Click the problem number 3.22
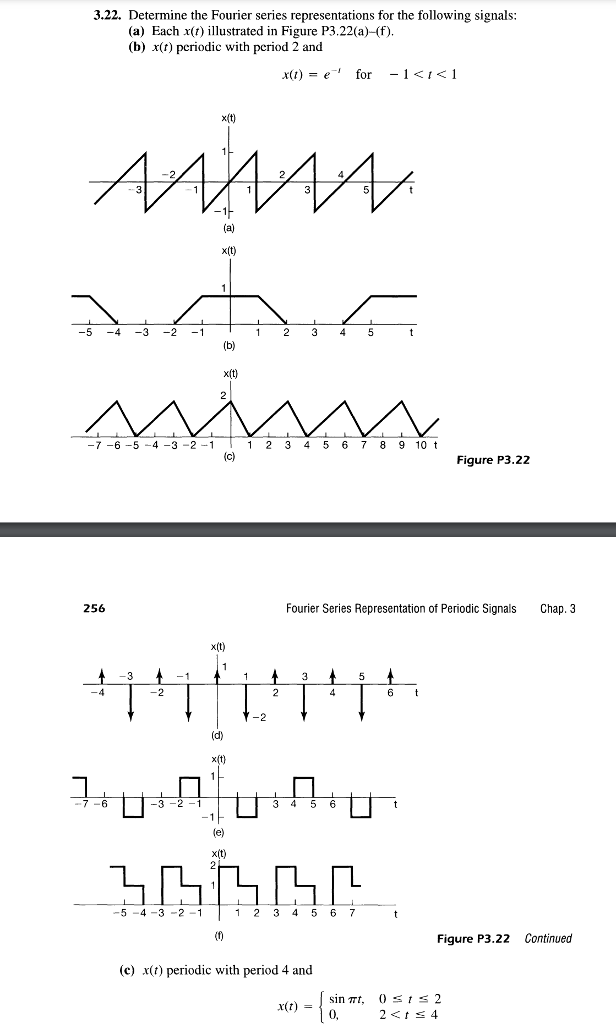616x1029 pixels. (x=108, y=15)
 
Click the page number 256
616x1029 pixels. (x=94, y=608)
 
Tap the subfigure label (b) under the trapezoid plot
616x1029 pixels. (x=228, y=346)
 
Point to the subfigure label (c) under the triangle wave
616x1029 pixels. (x=229, y=456)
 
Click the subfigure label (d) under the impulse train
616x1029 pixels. (x=217, y=735)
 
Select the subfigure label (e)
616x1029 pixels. (x=218, y=832)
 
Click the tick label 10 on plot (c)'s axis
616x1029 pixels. (x=421, y=445)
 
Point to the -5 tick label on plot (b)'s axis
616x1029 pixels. (x=84, y=333)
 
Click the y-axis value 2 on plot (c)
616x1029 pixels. (x=223, y=395)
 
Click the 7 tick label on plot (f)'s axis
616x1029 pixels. (x=352, y=914)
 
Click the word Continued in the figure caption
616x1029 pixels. (x=548, y=938)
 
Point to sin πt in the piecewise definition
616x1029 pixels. (x=346, y=999)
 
